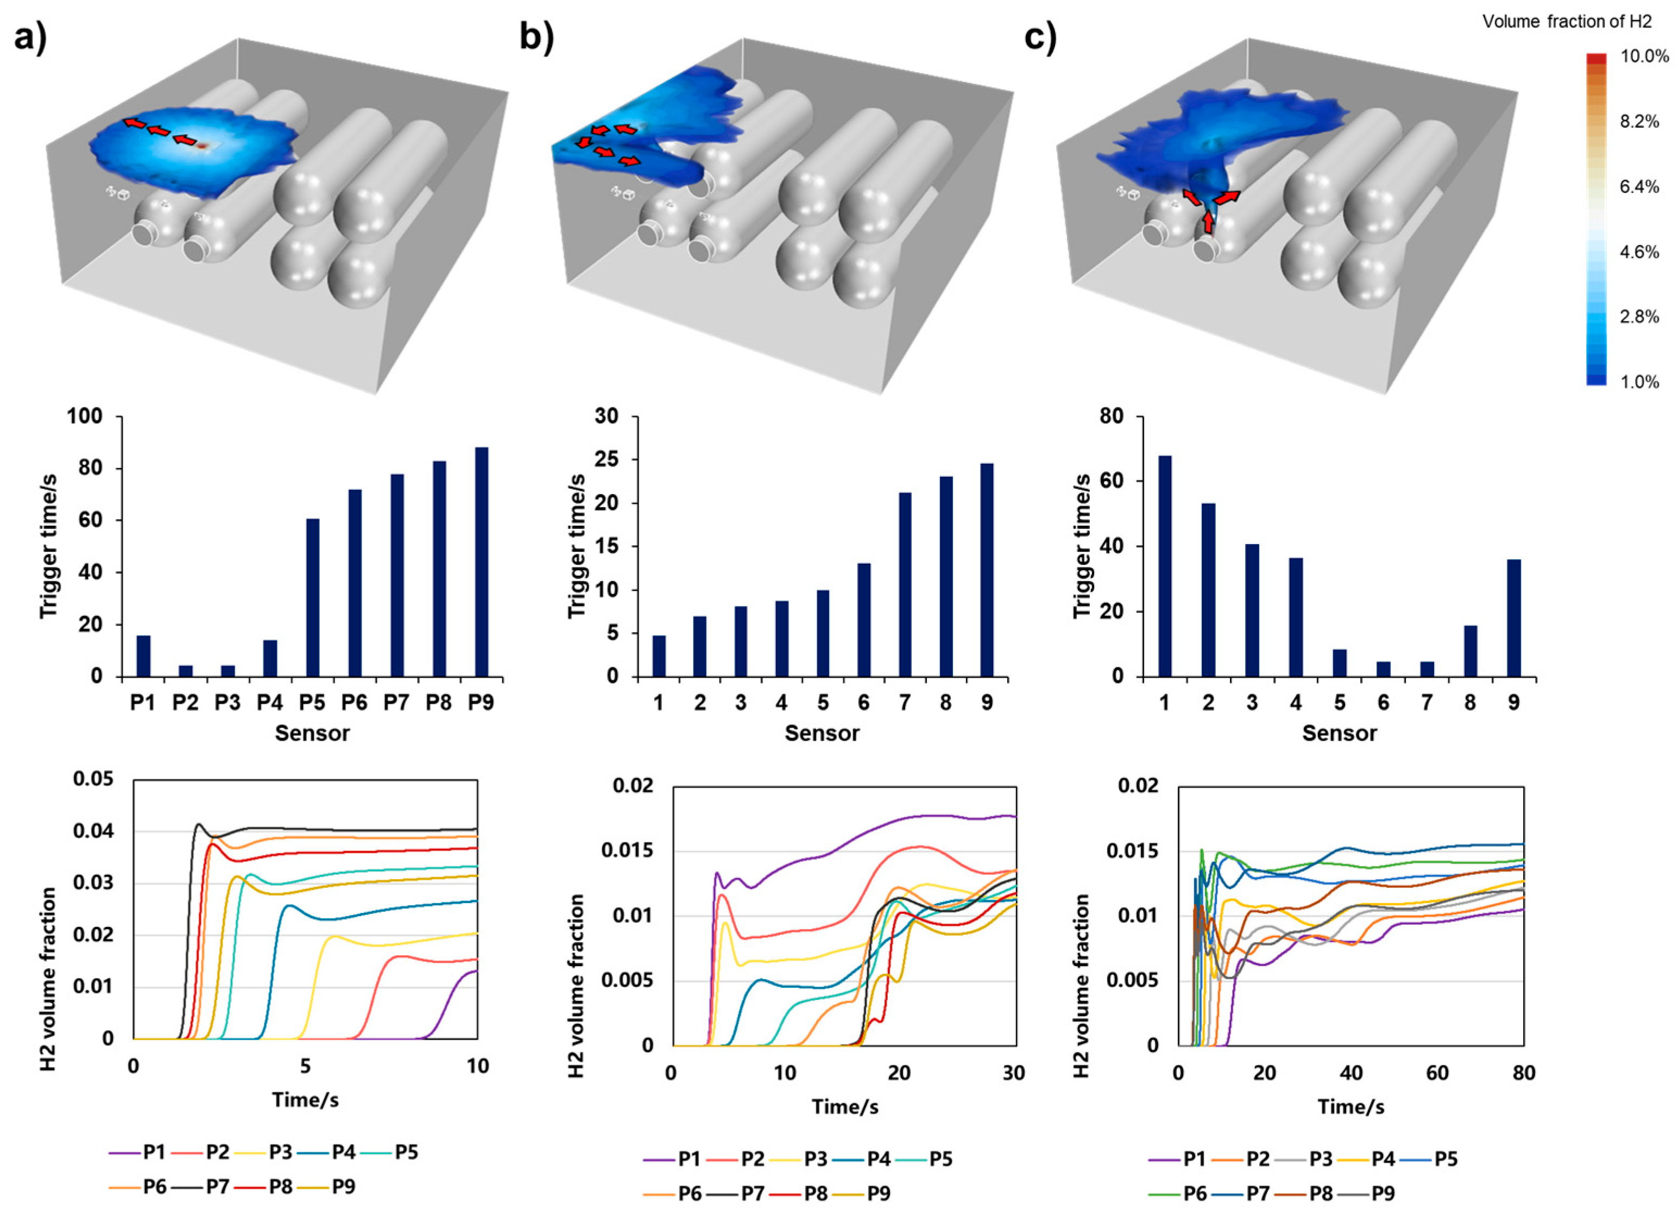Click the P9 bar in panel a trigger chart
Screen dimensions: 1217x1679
481,562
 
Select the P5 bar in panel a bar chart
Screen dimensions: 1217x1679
312,597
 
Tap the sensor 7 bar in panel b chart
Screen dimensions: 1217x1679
905,584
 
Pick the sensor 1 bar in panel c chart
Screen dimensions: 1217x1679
1164,566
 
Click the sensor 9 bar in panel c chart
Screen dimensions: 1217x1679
1514,618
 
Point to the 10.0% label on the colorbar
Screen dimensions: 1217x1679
1644,57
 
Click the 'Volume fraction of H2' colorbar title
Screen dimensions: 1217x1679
1567,22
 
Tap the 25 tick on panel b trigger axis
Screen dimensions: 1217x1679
607,461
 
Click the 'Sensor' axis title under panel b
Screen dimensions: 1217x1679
822,734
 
